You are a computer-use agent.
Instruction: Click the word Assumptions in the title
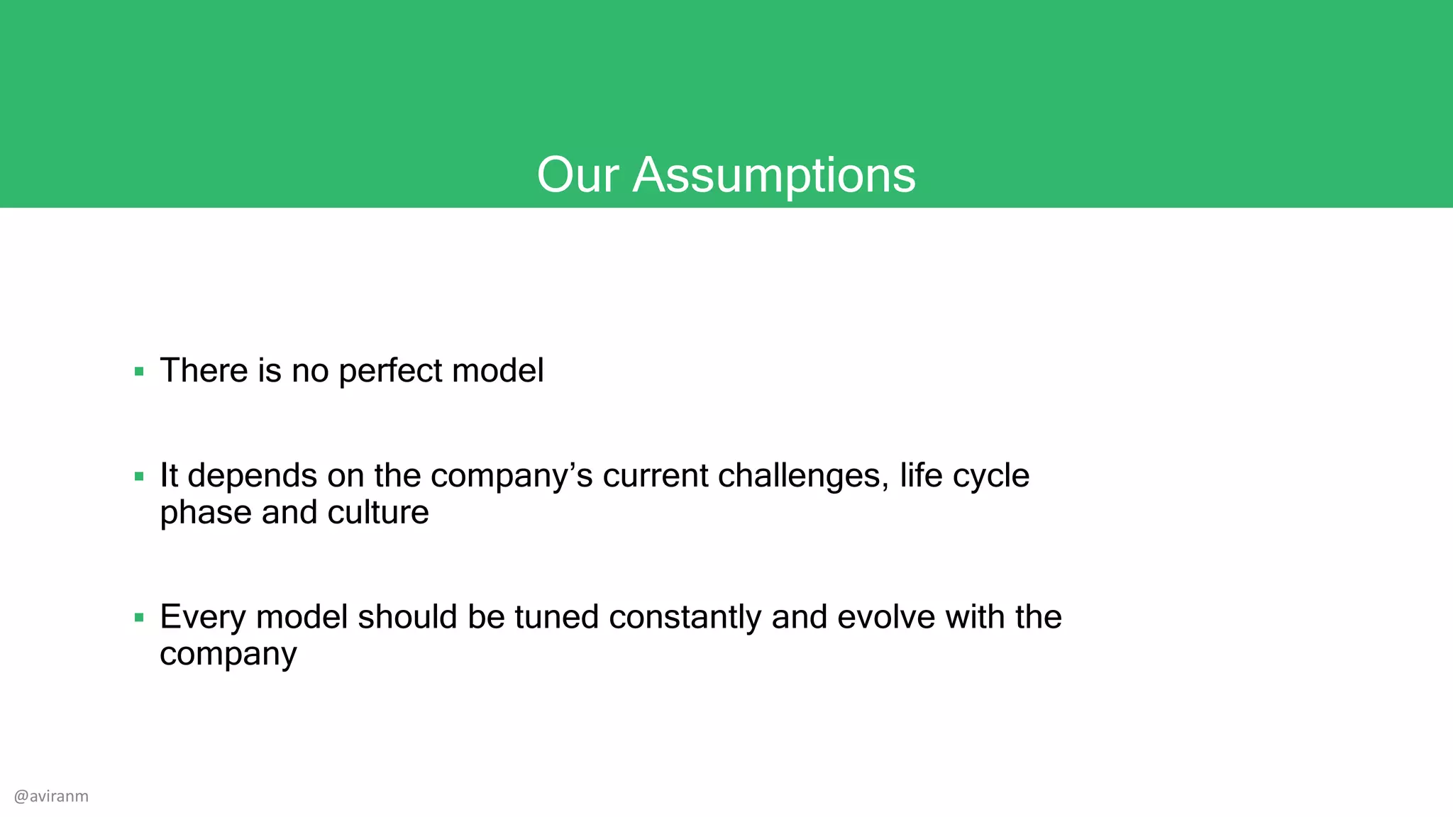tap(774, 175)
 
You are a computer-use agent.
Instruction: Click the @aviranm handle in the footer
tap(51, 796)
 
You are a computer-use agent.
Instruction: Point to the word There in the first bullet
tap(204, 371)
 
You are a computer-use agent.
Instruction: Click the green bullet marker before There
tap(139, 372)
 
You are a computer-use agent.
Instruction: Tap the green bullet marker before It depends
tap(139, 477)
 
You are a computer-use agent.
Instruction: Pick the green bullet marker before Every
tap(139, 618)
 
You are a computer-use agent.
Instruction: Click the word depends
tap(252, 477)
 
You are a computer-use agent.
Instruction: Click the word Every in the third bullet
tap(203, 618)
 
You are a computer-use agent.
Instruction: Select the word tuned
tap(557, 618)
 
